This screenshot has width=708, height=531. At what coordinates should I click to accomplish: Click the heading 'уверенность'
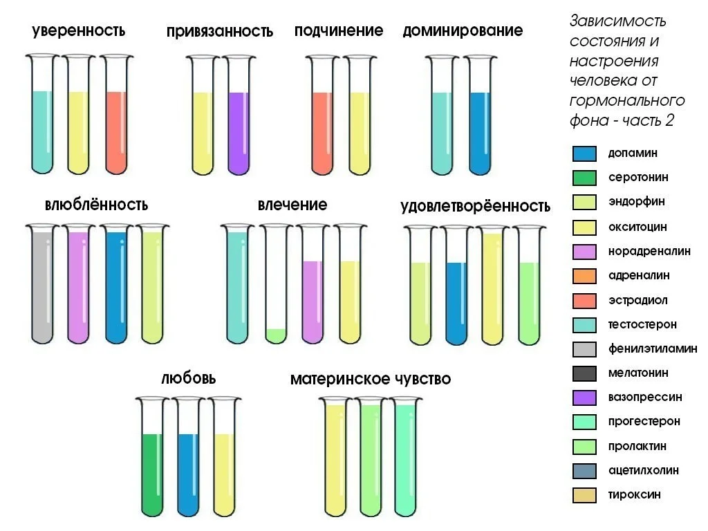tap(78, 31)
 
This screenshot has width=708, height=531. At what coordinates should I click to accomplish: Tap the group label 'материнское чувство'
tap(371, 379)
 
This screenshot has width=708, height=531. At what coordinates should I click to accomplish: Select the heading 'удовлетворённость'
tap(475, 206)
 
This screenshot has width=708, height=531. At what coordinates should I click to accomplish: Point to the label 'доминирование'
tap(463, 31)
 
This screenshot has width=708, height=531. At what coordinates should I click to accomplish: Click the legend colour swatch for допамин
tap(584, 153)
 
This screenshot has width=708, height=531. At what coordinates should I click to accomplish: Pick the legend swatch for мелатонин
tap(584, 374)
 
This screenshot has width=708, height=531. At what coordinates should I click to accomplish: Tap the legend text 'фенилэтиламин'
tap(652, 349)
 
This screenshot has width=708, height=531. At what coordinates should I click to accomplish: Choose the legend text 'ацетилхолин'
tap(643, 471)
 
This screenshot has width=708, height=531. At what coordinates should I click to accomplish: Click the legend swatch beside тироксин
tap(584, 496)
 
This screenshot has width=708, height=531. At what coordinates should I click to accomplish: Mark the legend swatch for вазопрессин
tap(584, 398)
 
